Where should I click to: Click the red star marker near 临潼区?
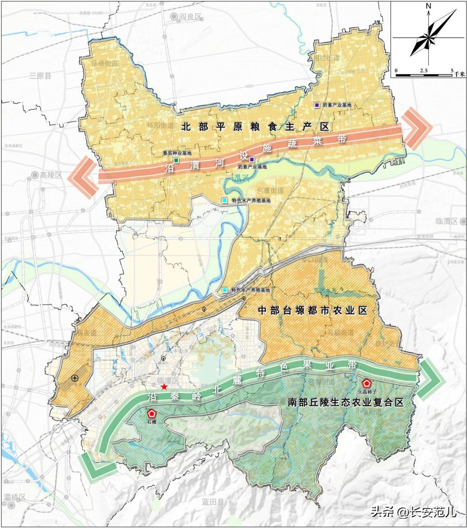click(x=163, y=387)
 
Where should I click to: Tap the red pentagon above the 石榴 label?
click(x=152, y=414)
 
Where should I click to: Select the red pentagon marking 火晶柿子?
click(x=367, y=382)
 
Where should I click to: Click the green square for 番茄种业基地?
click(x=176, y=160)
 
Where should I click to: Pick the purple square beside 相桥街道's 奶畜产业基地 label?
click(x=317, y=106)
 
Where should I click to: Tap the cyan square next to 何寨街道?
click(x=226, y=200)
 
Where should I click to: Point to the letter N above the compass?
click(x=428, y=7)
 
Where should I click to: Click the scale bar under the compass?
click(x=424, y=74)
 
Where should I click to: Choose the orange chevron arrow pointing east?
click(x=416, y=128)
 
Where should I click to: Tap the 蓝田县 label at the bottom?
click(x=213, y=502)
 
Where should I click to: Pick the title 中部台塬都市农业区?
click(x=312, y=311)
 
